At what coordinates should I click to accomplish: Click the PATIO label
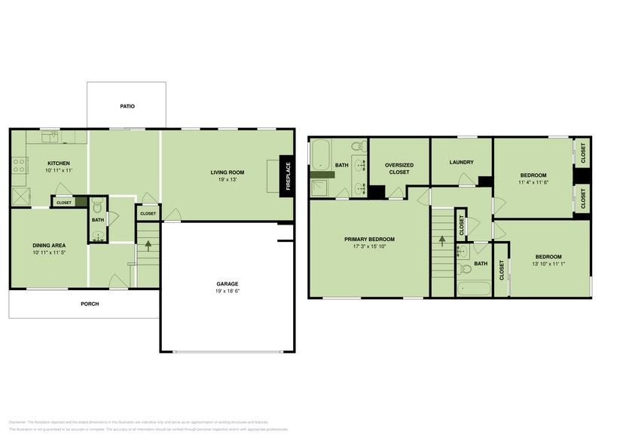coord(127,106)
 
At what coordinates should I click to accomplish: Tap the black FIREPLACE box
coord(286,176)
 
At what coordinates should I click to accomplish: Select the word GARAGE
coord(227,284)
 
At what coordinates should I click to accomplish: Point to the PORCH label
coord(90,304)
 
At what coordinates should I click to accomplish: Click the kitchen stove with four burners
coord(19,165)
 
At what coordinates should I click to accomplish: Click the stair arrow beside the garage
coord(148,245)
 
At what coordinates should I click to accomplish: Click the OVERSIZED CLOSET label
coord(399,168)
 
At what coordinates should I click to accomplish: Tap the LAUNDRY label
coord(460,162)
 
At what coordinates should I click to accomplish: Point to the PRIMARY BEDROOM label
coord(369,240)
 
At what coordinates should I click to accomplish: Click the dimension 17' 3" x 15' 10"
coord(369,247)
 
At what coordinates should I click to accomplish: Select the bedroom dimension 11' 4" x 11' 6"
coord(533,182)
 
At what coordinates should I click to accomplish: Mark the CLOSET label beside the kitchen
coord(64,202)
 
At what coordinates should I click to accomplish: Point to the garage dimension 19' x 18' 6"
coord(227,291)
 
